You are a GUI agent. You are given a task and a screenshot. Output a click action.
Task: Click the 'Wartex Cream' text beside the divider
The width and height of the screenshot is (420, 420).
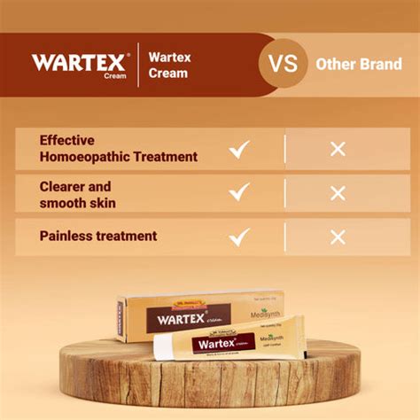[169, 65]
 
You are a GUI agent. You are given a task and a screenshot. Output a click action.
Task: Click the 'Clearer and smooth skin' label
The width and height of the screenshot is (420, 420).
[78, 194]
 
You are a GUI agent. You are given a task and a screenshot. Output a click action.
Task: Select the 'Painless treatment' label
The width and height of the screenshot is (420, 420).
[97, 237]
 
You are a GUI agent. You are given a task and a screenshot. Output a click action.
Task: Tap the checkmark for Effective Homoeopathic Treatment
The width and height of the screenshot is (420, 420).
[239, 149]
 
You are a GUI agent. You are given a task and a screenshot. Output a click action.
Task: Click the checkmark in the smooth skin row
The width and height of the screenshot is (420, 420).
[239, 193]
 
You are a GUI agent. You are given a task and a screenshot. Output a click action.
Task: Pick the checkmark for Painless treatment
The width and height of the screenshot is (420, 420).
[239, 237]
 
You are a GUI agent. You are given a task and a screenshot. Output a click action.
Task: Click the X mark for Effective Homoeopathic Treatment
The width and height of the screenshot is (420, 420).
[338, 149]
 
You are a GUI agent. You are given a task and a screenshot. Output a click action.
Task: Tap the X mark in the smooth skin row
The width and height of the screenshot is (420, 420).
[338, 193]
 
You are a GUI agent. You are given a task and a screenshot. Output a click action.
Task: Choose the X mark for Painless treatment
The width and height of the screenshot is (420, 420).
[338, 237]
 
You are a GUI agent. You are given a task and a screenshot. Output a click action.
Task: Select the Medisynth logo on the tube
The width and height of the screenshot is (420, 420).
[283, 338]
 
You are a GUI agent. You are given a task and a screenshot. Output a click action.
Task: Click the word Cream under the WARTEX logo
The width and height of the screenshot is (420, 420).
[115, 75]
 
